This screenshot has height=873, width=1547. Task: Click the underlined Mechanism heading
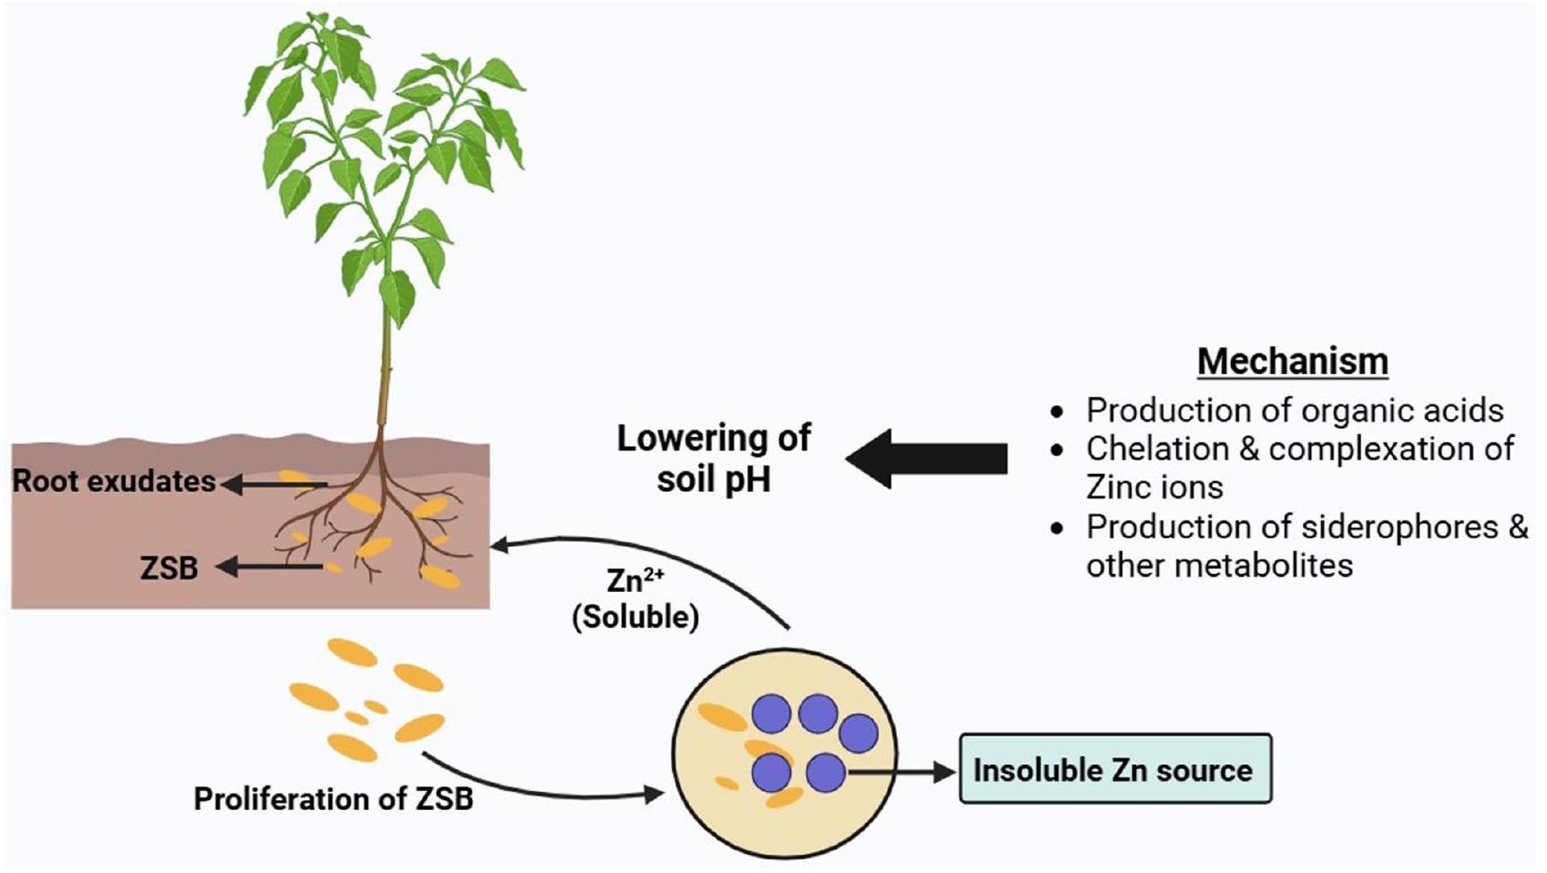pos(1292,361)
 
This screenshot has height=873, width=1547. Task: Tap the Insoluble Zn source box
pos(1115,769)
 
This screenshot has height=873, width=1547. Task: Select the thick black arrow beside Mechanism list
pos(927,458)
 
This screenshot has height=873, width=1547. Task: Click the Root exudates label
pos(113,481)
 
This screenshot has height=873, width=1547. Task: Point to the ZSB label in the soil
pos(169,568)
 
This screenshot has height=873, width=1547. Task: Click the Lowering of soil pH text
pos(713,458)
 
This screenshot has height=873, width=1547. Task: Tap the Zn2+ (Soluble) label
pos(636,598)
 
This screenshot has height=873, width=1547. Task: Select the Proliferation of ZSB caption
pos(333,798)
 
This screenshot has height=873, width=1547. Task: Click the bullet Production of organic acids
pos(1294,410)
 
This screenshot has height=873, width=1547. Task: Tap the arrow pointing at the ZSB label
pos(270,567)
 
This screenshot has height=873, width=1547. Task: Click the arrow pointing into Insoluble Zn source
pos(900,771)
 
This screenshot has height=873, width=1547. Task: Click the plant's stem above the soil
pos(384,360)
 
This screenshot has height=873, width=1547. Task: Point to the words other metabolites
pos(1218,565)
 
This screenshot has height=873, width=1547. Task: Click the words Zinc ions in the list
pos(1154,487)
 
